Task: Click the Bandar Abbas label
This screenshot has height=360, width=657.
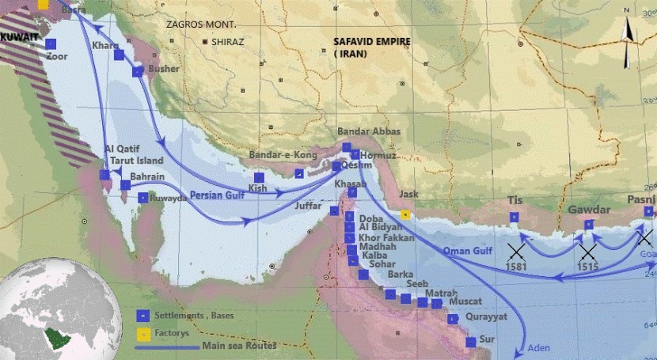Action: click(x=369, y=131)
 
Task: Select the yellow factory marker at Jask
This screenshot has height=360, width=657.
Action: click(x=405, y=214)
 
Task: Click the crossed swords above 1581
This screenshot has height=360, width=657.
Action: click(x=516, y=252)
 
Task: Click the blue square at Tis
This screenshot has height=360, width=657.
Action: click(x=515, y=217)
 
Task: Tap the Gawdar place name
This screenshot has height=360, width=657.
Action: click(x=589, y=210)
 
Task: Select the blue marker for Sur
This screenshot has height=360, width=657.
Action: click(x=471, y=343)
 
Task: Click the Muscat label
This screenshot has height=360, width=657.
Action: click(x=465, y=302)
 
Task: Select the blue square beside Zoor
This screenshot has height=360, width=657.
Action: click(x=51, y=44)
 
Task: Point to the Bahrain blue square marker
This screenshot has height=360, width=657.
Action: click(x=125, y=185)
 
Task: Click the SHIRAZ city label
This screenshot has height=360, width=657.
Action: click(x=229, y=41)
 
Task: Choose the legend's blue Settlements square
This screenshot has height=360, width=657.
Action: click(x=143, y=313)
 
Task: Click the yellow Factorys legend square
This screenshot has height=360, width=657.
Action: click(x=143, y=331)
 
